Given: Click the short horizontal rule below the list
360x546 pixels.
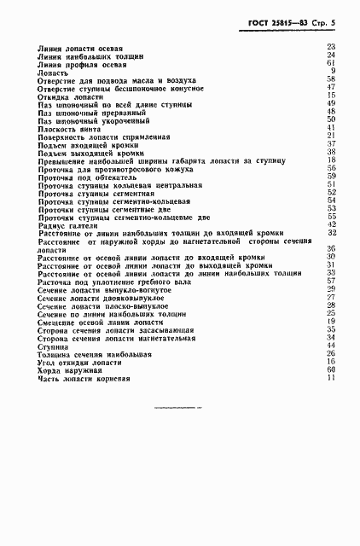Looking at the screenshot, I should point(180,407).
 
